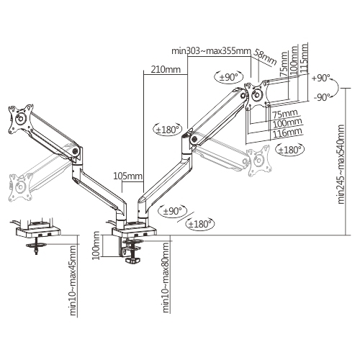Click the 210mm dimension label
tap(166, 69)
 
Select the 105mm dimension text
tap(127, 176)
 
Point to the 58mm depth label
tap(265, 57)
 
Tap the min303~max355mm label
tap(211, 51)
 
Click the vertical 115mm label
tap(304, 59)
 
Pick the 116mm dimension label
tap(287, 132)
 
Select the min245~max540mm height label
tap(341, 164)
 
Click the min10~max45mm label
tap(73, 280)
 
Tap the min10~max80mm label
tap(166, 278)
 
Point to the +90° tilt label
tap(321, 78)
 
